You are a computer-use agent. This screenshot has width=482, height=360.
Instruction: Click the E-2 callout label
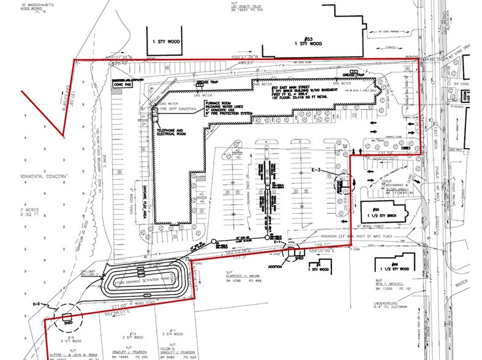click(x=37, y=303)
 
